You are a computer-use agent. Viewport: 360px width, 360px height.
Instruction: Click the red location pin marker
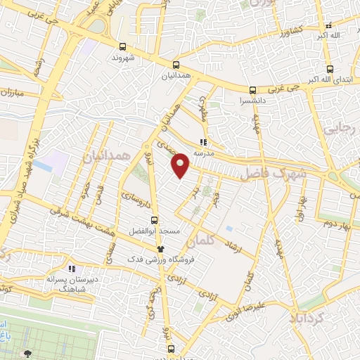coord(181,165)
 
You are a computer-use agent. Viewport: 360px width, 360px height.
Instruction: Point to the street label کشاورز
coord(290,32)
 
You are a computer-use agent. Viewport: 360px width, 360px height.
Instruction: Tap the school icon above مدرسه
coord(203,141)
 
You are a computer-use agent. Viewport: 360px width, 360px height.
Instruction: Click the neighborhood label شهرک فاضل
coord(274,174)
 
